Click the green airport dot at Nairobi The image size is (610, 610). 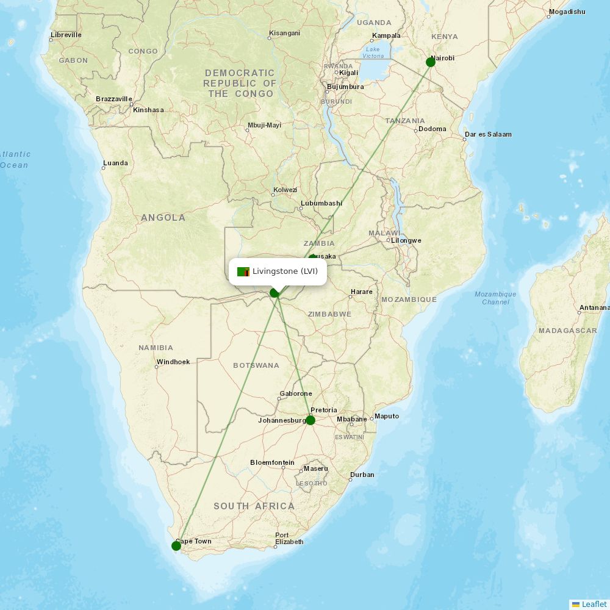click(430, 62)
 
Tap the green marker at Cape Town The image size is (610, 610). click(176, 545)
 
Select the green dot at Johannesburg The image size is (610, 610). click(310, 420)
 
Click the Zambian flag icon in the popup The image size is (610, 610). click(243, 271)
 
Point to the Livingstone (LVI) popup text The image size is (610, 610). click(285, 271)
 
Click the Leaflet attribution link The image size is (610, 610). click(594, 604)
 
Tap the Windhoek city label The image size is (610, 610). click(173, 362)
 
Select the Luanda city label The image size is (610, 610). click(116, 163)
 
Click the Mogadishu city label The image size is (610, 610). click(567, 12)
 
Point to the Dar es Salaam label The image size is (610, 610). click(488, 134)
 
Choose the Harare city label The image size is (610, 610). click(361, 292)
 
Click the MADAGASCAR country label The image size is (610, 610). click(567, 331)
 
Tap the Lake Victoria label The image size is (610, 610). click(373, 52)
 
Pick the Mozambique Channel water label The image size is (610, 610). click(495, 298)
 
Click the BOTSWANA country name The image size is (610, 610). click(256, 365)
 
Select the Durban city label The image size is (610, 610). click(362, 475)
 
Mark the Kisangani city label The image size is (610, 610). click(285, 32)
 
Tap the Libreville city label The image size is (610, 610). click(66, 35)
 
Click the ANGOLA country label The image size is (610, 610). click(163, 218)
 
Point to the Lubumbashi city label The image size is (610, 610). click(321, 203)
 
